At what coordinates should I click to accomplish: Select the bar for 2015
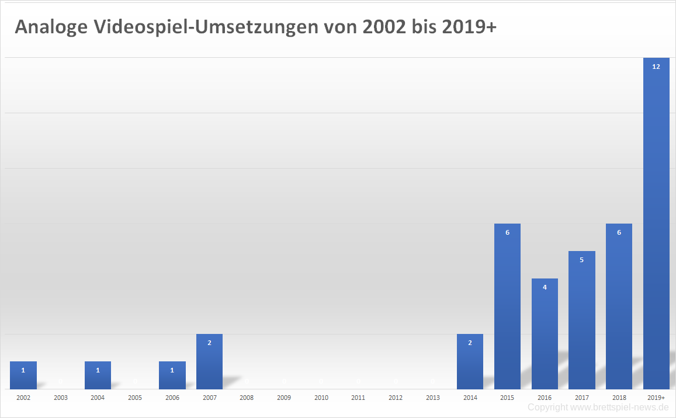click(x=507, y=306)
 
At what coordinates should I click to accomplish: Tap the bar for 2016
click(x=545, y=334)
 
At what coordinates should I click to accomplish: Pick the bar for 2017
click(x=582, y=320)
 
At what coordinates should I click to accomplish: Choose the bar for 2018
click(x=619, y=306)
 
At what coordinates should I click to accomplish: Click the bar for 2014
click(x=470, y=362)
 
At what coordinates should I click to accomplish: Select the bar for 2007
click(x=209, y=362)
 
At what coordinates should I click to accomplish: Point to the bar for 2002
click(x=23, y=375)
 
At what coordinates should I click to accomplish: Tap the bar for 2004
click(x=98, y=375)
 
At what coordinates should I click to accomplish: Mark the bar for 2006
click(x=172, y=375)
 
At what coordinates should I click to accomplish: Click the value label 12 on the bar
click(x=656, y=67)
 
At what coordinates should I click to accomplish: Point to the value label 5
click(x=582, y=260)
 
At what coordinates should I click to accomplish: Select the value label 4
click(x=545, y=287)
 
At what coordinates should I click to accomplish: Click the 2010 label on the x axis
click(x=321, y=398)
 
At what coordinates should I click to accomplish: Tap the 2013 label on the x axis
click(x=433, y=398)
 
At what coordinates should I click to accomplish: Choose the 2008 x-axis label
click(x=247, y=398)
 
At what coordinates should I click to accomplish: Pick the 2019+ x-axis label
click(x=656, y=398)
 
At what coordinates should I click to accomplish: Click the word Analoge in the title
click(x=51, y=27)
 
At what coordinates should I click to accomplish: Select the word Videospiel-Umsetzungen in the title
click(x=204, y=27)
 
